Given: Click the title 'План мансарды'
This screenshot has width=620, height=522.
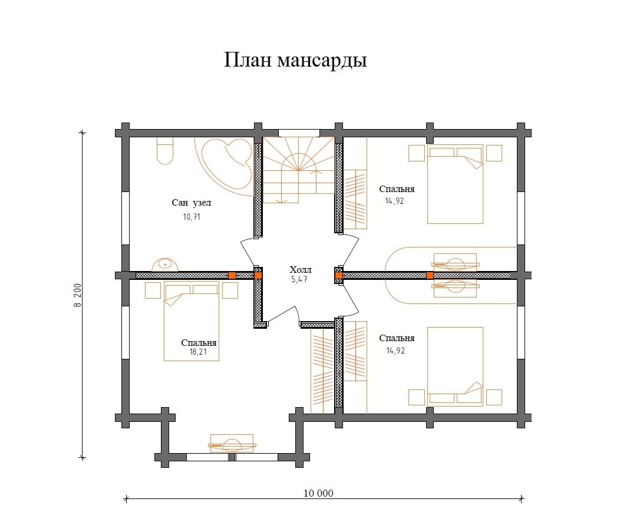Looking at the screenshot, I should point(295,61).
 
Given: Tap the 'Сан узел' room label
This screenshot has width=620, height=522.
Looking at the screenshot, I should point(191,203).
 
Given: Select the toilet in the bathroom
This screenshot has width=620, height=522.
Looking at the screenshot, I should point(164,151).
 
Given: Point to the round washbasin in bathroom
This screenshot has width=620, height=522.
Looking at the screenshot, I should point(166,265).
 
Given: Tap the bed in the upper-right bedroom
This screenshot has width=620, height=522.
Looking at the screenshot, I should point(455,184).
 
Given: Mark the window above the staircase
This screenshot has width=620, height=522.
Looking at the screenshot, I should point(299,133).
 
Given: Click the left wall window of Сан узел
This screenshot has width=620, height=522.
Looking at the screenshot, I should point(125,217).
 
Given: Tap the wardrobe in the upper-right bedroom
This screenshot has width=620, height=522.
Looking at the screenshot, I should point(355,199).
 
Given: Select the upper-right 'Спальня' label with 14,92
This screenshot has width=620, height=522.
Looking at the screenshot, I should point(397,190).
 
